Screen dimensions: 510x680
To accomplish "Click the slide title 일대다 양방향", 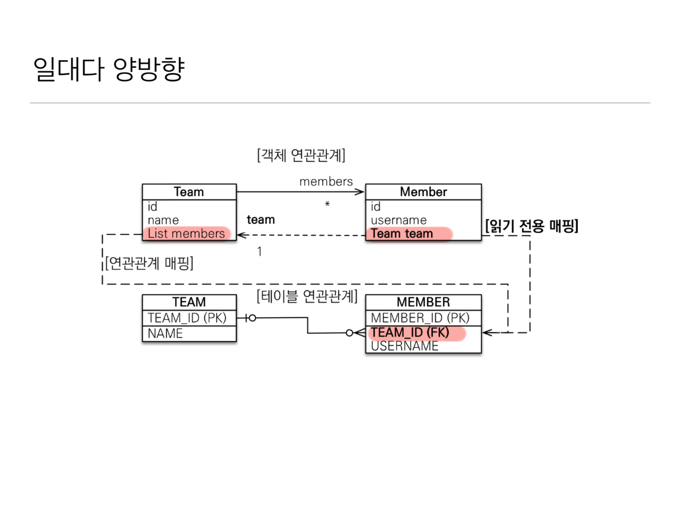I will (109, 69).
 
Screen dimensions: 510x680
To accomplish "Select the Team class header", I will (189, 192).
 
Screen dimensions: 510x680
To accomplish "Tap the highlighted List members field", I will (186, 233).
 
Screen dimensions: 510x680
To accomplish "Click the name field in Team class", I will (163, 220).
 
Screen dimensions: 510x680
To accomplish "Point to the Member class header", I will (423, 192).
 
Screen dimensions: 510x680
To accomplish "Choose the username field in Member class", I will (399, 220).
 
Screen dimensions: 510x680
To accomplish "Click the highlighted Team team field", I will (402, 233).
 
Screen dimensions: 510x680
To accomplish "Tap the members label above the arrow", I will (326, 182).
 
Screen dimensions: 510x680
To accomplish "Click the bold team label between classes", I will (261, 220).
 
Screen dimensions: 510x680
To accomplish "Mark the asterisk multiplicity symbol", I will (327, 204).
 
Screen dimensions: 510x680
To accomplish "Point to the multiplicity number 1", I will (260, 252).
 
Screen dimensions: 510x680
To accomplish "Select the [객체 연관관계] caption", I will (301, 155).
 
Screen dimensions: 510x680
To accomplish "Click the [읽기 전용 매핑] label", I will (532, 226).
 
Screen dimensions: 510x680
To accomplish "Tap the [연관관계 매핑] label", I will (149, 263).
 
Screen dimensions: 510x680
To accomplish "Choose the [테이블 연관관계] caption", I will (307, 296).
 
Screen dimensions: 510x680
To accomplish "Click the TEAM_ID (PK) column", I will (187, 318).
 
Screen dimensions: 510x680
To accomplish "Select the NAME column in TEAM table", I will (165, 333).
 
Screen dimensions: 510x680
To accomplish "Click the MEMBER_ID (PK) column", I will (420, 318).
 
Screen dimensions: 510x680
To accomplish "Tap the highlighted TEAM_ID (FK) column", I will (410, 332).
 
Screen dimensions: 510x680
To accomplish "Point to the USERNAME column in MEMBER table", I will (405, 346).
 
